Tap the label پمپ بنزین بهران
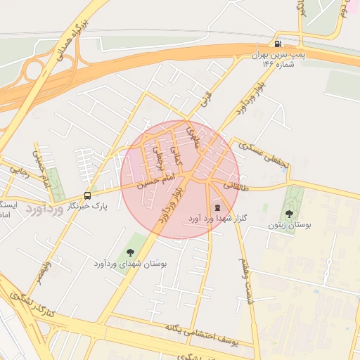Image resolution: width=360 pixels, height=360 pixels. (x=281, y=54)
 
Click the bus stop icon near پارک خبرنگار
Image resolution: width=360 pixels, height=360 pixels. (x=87, y=195)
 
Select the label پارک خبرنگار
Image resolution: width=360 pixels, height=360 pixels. (x=89, y=207)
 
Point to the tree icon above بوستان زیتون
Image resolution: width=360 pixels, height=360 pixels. (x=289, y=213)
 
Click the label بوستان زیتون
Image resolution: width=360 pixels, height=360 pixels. (x=290, y=226)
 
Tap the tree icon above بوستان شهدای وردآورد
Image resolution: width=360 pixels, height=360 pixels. (x=130, y=252)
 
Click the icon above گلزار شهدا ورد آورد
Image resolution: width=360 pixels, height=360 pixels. (x=217, y=207)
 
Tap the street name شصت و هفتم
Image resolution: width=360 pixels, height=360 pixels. (x=246, y=280)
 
